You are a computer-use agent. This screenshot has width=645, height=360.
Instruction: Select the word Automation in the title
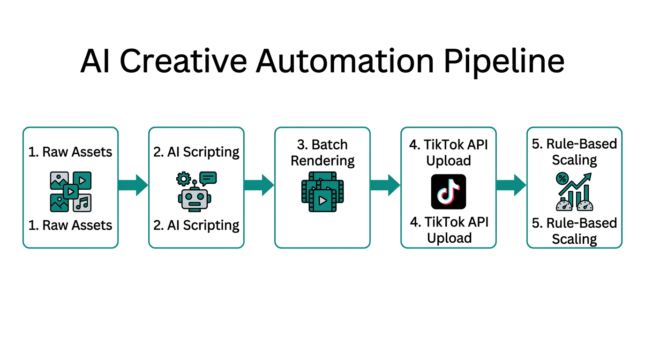[345, 61]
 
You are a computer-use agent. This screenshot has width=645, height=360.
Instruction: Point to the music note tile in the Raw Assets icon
[82, 203]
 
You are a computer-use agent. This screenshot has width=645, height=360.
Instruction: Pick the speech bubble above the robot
[208, 178]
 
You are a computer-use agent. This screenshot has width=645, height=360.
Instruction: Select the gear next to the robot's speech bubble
[183, 179]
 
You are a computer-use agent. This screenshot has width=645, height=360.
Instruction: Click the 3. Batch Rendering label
[322, 152]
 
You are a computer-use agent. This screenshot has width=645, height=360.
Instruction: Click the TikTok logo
[449, 192]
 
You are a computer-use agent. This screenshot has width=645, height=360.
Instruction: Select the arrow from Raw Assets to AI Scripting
[133, 185]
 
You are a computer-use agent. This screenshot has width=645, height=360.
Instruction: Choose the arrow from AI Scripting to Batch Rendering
[259, 185]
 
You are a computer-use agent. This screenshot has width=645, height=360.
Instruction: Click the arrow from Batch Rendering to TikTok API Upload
[385, 185]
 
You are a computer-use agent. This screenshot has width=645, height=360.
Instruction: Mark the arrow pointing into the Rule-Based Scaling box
[511, 185]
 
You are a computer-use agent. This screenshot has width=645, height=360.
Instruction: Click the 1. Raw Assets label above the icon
[70, 152]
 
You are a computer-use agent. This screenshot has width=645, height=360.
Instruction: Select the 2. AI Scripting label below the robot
[196, 225]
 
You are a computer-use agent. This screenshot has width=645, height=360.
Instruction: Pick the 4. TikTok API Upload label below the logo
[449, 230]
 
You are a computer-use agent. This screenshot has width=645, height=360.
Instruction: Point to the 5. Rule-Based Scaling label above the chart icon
[574, 151]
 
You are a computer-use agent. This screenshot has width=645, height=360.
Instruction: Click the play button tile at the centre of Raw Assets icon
[70, 191]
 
